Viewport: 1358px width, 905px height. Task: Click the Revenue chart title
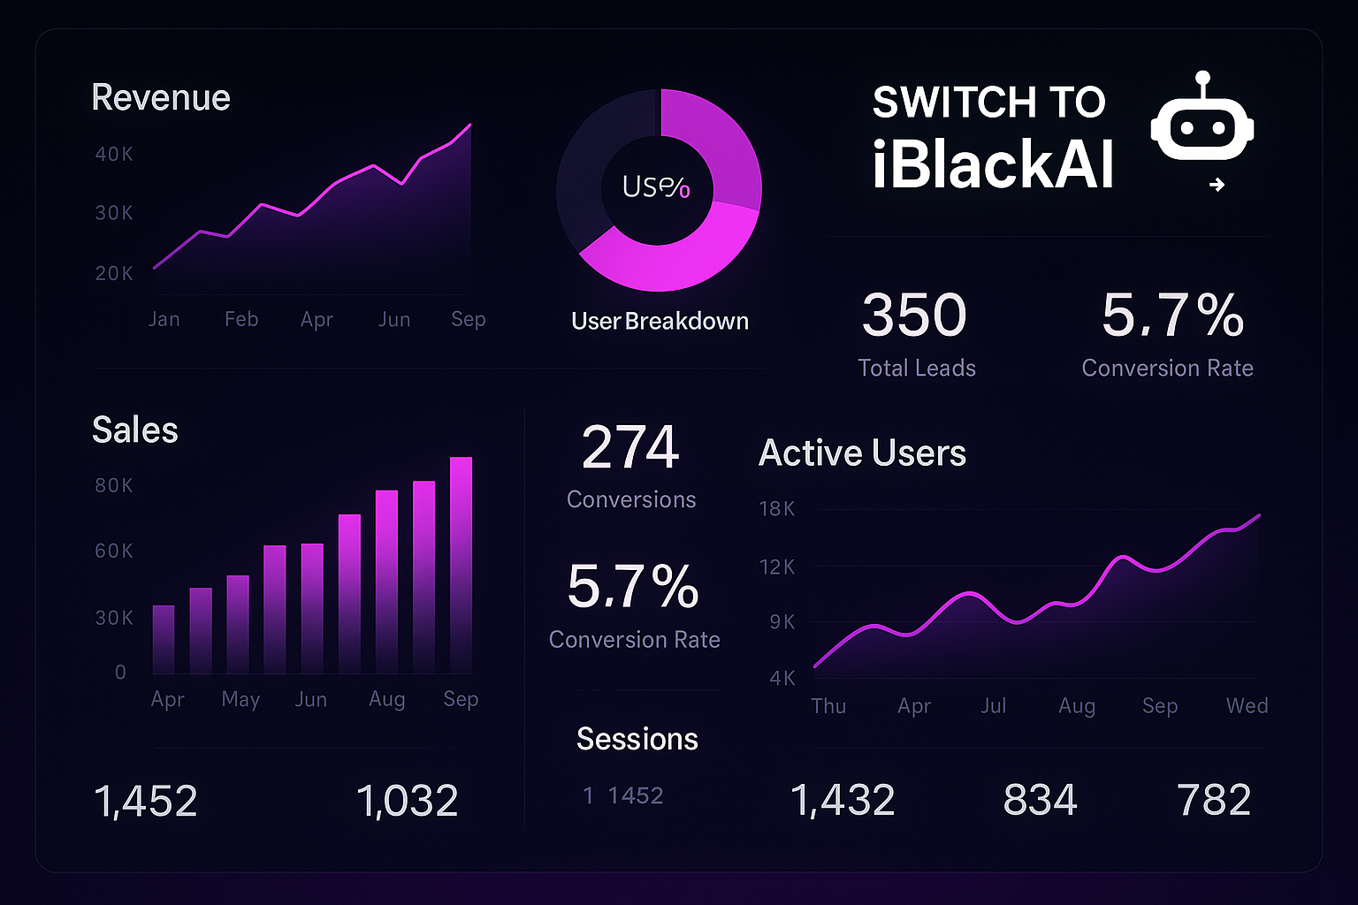pos(161,97)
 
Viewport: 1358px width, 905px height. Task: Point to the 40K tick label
pos(114,155)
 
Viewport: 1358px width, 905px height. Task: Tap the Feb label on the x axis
pos(241,319)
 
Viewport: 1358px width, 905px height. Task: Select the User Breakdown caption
pos(660,321)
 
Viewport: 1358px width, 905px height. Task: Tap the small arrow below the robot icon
pos(1217,185)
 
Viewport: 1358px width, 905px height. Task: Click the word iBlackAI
pos(992,165)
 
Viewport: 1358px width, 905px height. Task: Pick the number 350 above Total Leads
pos(914,316)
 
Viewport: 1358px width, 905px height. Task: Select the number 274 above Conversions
pos(630,447)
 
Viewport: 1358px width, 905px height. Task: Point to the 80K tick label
pos(114,485)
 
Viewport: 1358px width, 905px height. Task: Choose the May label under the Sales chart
pos(240,699)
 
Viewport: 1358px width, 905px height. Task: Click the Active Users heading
pos(862,453)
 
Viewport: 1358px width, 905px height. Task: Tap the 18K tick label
pos(777,509)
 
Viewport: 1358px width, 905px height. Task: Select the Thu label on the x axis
pos(828,705)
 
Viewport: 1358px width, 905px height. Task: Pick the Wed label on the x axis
pos(1247,705)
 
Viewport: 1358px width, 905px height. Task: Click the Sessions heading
pos(637,739)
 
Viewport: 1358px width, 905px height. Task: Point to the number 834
pos(1040,801)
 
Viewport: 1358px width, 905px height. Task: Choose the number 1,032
pos(407,802)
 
